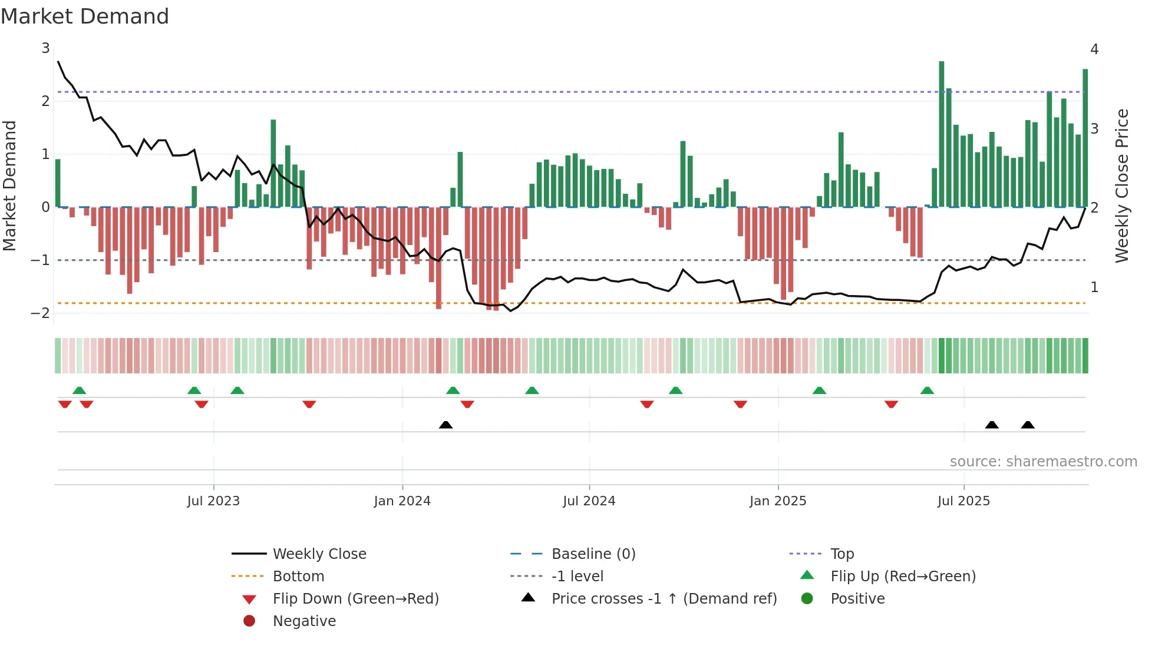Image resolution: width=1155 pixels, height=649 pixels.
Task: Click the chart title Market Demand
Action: click(x=85, y=16)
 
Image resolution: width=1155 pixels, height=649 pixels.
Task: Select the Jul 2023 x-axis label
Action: click(x=213, y=501)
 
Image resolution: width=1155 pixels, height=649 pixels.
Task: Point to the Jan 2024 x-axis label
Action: click(x=402, y=501)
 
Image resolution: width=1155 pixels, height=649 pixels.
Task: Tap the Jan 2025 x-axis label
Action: click(x=777, y=501)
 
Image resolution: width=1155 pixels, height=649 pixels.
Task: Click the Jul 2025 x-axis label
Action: click(x=963, y=501)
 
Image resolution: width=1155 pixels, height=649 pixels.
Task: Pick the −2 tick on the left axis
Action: click(x=41, y=313)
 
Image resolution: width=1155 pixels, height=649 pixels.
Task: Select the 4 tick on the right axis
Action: click(x=1094, y=49)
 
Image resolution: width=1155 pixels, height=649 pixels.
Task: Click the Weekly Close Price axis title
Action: click(x=1122, y=186)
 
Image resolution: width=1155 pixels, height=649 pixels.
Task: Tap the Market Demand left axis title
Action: click(x=10, y=186)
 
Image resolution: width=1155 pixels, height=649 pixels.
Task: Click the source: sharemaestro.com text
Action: click(x=1043, y=462)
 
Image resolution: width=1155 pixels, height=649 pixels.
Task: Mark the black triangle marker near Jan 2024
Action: click(x=445, y=425)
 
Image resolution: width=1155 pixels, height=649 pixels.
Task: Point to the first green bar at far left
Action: click(x=58, y=183)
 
